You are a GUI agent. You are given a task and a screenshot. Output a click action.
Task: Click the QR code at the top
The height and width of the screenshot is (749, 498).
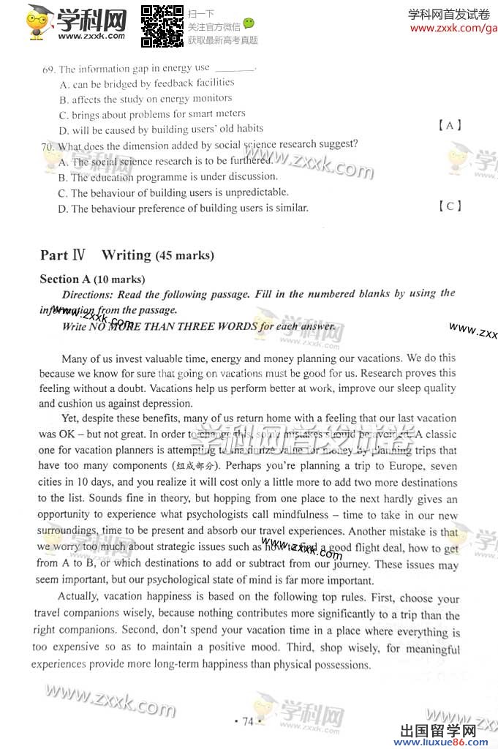162,26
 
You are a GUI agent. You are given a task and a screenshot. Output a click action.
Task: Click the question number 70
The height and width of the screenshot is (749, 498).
48,146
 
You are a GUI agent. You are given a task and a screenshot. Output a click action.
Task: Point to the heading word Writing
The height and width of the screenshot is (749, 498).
126,255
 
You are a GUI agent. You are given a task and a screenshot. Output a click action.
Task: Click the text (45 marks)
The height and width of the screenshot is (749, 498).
184,256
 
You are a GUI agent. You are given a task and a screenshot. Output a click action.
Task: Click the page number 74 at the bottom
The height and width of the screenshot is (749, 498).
247,722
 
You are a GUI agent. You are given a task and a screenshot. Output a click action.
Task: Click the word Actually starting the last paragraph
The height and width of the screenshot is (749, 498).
80,597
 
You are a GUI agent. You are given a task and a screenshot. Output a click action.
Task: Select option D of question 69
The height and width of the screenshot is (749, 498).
64,130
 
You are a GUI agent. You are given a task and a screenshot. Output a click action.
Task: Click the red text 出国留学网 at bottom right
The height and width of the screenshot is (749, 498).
439,731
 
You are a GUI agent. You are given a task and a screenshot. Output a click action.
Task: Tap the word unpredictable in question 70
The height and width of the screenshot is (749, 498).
247,192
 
